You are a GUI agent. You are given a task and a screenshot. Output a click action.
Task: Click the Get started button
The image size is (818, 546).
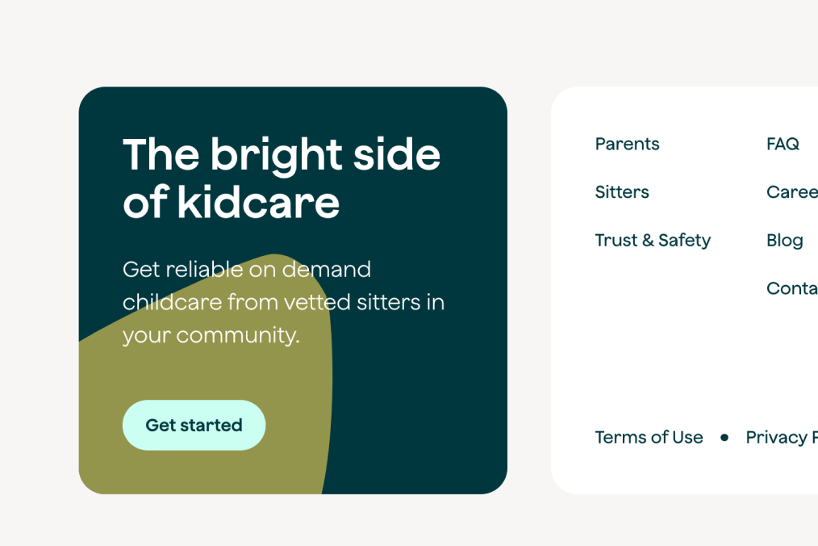coord(194,425)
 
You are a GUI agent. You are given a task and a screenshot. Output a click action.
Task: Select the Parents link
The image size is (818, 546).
coord(627,144)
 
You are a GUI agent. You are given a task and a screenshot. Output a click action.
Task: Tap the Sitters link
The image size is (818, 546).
coord(622,192)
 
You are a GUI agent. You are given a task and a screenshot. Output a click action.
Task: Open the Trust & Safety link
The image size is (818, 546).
coord(653,240)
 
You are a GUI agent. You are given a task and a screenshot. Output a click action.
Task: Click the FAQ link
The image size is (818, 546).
coord(783,144)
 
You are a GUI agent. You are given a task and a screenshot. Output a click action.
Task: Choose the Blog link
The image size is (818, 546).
coord(784,240)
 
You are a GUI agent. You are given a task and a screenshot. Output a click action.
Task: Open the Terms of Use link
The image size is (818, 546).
coord(649,437)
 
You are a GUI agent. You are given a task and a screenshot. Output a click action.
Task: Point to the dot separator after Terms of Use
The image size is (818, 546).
coord(724,437)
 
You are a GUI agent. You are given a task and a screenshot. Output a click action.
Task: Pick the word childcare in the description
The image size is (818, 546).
coord(172,302)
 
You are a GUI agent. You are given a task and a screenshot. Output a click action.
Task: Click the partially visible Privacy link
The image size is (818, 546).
coord(780,437)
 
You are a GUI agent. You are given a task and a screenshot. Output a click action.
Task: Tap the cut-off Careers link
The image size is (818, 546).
coord(791,192)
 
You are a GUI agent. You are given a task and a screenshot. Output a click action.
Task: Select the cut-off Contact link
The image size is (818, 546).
coord(791,288)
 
